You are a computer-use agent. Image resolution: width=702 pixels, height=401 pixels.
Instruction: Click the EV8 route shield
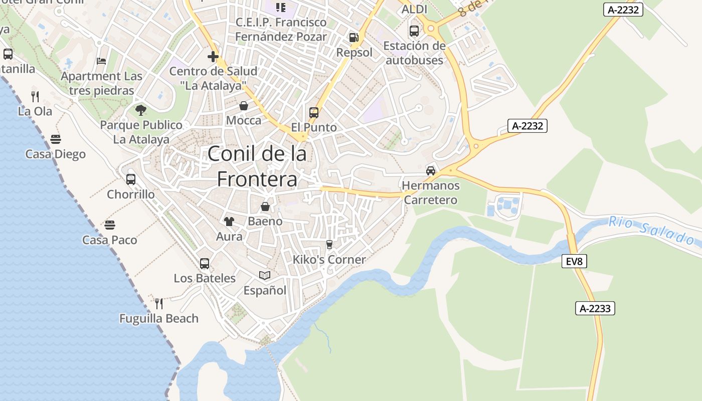[x=574, y=261]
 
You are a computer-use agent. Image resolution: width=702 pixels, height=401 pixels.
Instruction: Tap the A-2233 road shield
[x=595, y=308]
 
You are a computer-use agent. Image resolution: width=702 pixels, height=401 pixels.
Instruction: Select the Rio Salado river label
[x=654, y=230]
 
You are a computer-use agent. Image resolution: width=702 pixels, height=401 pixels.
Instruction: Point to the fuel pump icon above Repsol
[x=354, y=38]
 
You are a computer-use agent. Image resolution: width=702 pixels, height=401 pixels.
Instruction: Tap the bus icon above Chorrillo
[x=131, y=179]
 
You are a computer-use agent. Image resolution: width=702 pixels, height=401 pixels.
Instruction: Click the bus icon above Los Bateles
[x=205, y=263]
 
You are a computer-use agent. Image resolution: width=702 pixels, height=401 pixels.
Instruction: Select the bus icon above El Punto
[x=314, y=112]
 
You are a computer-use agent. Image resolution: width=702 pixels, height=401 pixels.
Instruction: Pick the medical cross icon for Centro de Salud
[x=213, y=56]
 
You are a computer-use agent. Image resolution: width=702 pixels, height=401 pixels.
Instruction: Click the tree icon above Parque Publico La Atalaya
[x=141, y=109]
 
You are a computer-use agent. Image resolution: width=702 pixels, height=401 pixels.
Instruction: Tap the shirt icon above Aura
[x=229, y=221]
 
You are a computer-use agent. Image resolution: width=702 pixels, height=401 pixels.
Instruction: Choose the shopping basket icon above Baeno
[x=265, y=206]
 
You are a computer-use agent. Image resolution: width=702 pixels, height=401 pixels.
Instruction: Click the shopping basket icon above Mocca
[x=244, y=105]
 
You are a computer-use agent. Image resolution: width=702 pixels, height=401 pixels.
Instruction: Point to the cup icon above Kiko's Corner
[x=329, y=244]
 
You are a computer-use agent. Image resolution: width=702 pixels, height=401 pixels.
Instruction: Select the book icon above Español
[x=265, y=275]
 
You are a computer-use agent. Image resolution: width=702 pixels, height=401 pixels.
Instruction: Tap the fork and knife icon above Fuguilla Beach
[x=159, y=303]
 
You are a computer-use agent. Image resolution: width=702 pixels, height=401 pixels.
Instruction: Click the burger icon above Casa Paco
[x=110, y=225]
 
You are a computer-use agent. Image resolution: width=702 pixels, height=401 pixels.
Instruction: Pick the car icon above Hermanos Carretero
[x=431, y=170]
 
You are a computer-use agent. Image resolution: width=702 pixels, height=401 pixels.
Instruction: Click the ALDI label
[x=415, y=9]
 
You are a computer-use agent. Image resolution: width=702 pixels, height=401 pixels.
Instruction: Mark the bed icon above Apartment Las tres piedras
[x=101, y=61]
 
